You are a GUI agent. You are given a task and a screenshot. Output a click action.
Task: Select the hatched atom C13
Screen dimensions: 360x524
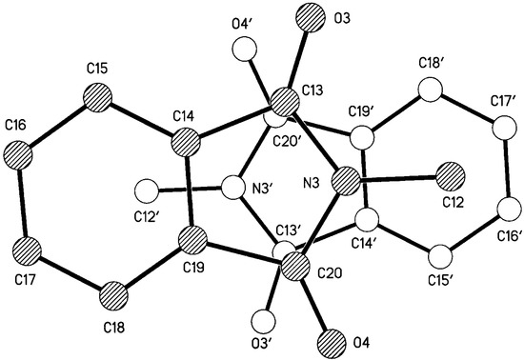283,102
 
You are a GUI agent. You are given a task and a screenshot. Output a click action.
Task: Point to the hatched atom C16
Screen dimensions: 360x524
24,153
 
